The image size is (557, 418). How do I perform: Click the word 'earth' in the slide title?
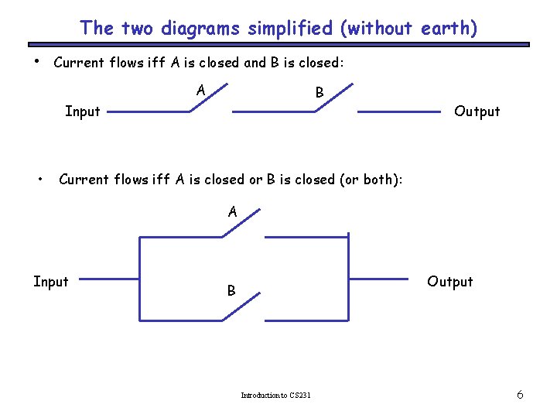coord(446,29)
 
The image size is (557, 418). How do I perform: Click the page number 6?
coord(520,395)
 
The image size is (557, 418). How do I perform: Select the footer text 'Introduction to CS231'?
coord(276,396)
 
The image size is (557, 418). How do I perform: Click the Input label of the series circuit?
coord(83,111)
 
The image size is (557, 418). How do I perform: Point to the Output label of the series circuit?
coord(477,111)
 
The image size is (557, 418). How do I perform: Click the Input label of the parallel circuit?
coord(51,282)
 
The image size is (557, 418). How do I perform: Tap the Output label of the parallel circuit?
coord(450,282)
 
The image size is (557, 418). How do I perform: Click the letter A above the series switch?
coord(201,91)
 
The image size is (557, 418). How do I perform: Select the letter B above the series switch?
coord(320,93)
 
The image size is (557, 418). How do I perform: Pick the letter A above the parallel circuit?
coord(232,211)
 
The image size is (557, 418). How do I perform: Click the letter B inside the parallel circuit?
coord(231,292)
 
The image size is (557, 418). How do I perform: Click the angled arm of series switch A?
coord(210,96)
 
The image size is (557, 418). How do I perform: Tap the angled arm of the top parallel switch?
coord(242,222)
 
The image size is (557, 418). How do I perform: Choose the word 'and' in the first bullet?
coord(255,63)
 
